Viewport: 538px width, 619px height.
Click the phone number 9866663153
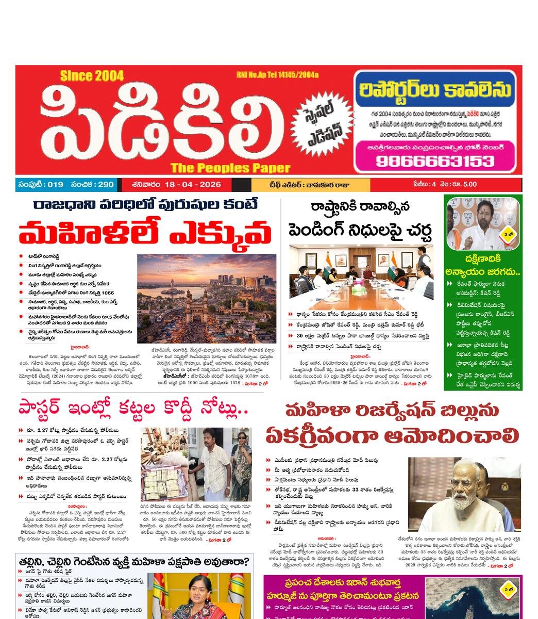click(x=434, y=161)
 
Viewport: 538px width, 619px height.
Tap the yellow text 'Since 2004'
click(x=92, y=76)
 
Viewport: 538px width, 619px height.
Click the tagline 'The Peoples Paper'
click(x=230, y=168)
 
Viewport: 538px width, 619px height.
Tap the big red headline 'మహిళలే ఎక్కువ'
click(x=145, y=233)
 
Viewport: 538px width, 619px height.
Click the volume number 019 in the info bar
click(x=54, y=185)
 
